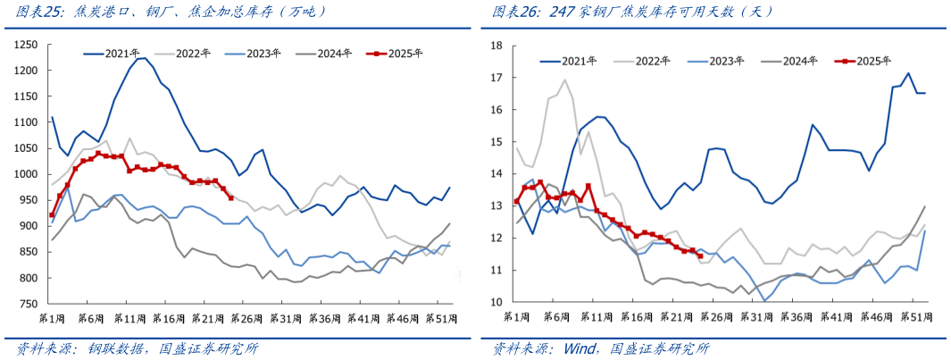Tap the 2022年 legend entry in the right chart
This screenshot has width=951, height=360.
tap(653, 61)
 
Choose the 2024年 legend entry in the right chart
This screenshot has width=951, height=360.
tap(801, 61)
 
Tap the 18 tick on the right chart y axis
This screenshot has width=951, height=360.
tap(497, 46)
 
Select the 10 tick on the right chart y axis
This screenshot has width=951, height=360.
tap(497, 302)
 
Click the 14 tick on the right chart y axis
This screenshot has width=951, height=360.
tap(497, 173)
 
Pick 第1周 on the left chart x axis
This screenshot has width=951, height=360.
tap(52, 318)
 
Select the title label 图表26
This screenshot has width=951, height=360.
tap(513, 12)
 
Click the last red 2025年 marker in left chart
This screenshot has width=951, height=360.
tap(231, 197)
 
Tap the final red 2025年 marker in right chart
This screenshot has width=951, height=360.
tap(700, 256)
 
